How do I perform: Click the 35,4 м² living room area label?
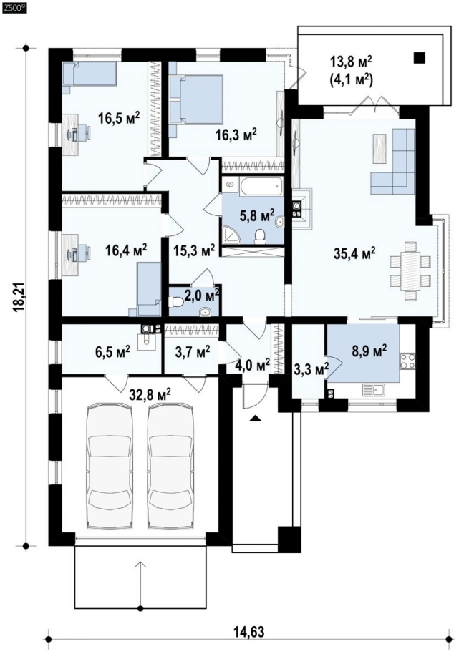click(x=354, y=254)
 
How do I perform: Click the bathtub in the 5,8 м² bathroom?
click(x=261, y=186)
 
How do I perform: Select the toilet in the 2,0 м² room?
click(x=177, y=301)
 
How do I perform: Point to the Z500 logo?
click(x=14, y=6)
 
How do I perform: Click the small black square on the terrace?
click(x=419, y=57)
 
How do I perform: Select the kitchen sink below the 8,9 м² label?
click(x=374, y=389)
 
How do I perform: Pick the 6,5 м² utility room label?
click(x=112, y=350)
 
